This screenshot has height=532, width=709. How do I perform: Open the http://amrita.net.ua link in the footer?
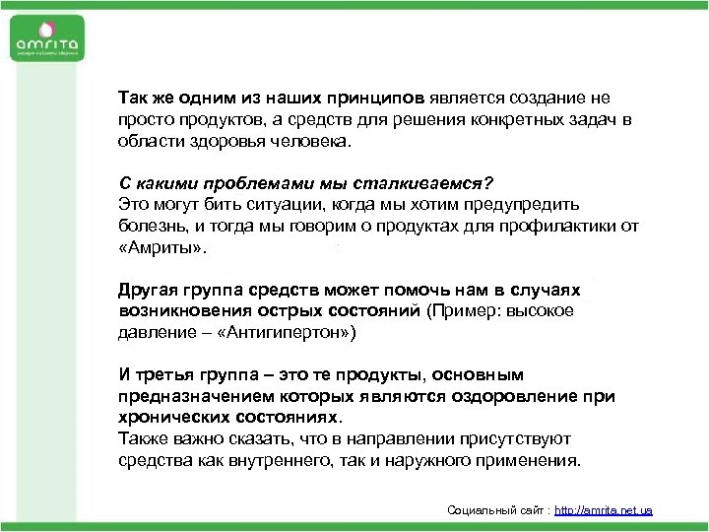coord(604,510)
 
